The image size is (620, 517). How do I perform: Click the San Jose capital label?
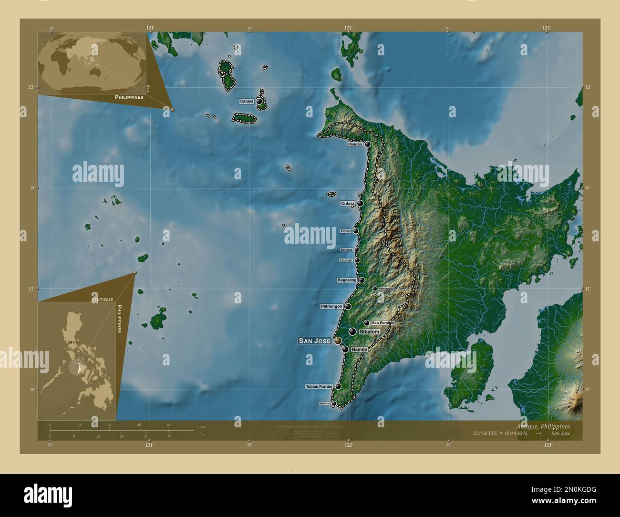[x=314, y=341]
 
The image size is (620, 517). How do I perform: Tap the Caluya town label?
[x=247, y=102]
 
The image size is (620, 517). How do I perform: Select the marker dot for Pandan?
[x=368, y=144]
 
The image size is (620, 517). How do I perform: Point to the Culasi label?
[x=347, y=203]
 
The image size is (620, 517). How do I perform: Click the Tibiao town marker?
[x=356, y=231]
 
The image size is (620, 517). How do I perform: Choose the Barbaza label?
[x=346, y=250]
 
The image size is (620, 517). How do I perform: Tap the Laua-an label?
[x=346, y=260]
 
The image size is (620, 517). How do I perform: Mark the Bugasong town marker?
[x=362, y=280]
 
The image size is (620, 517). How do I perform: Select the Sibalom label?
[x=370, y=331]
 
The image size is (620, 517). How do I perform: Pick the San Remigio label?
[x=383, y=323]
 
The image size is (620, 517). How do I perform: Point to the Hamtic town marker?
[x=345, y=350]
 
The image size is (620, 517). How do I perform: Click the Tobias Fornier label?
[x=319, y=386]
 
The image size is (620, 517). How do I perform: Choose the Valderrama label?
[x=386, y=289]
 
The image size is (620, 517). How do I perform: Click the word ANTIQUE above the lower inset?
[x=103, y=299]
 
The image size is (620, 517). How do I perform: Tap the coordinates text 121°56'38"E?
[x=485, y=434]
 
